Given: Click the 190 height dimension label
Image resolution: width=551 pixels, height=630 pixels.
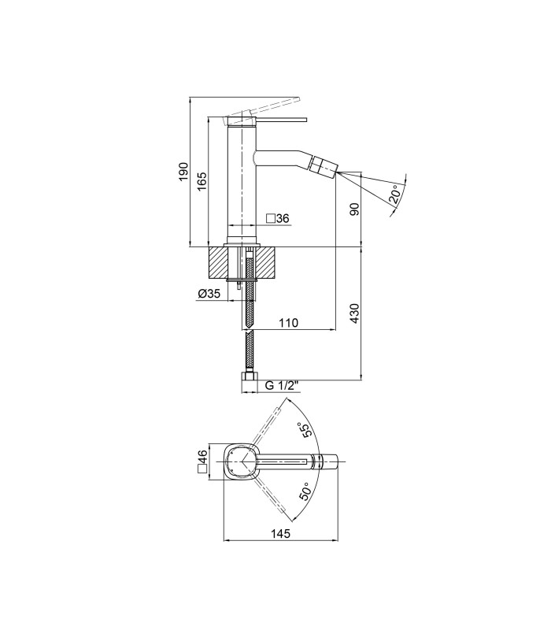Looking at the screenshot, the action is tap(183, 172).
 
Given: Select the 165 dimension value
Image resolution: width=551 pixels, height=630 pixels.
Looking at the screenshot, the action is tap(202, 181).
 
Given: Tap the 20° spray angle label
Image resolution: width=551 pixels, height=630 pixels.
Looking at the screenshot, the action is tap(395, 195).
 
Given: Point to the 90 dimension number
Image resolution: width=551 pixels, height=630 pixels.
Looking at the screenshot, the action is tap(355, 209).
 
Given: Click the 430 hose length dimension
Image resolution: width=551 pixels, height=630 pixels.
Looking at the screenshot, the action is tap(355, 313).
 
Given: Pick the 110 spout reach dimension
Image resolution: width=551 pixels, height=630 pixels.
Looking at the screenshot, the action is tap(288, 323).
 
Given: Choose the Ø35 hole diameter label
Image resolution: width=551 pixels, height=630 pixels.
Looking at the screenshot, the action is tap(209, 294).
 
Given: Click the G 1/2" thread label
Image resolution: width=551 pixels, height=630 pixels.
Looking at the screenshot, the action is tap(283, 386).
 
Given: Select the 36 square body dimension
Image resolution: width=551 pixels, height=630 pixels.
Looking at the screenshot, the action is tap(283, 219).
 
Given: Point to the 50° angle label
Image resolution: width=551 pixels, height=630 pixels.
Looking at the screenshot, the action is tap(305, 491).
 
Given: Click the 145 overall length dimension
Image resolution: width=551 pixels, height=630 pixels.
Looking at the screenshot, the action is tap(280, 534).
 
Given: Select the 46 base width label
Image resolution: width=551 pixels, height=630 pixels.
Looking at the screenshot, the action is tap(202, 457).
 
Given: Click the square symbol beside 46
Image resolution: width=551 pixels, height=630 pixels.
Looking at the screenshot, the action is tap(202, 469).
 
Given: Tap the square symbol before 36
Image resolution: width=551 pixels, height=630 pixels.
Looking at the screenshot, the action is tap(271, 219).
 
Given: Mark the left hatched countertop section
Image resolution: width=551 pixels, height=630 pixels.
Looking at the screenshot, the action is tap(218, 262).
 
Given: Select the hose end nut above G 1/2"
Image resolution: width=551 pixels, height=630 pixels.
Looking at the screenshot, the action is tap(249, 377).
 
